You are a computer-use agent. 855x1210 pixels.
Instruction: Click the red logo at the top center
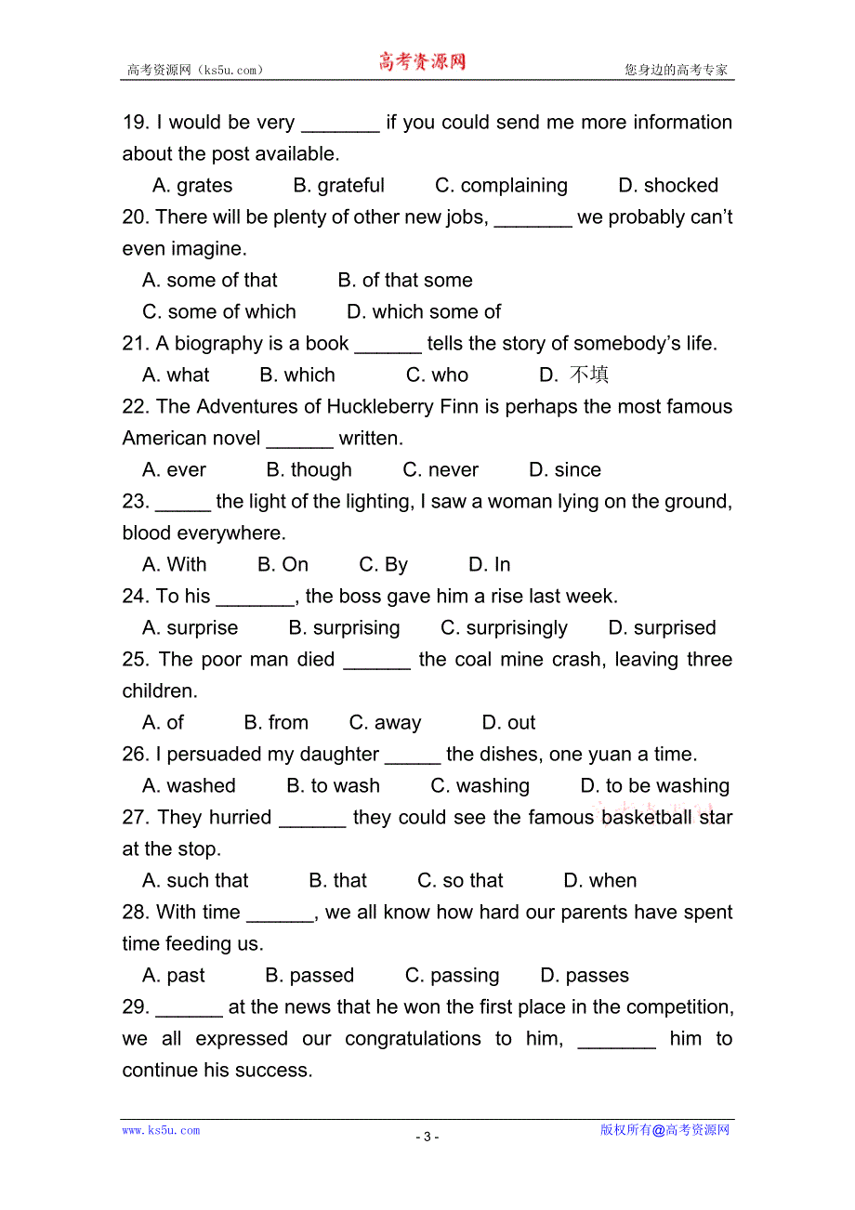(422, 62)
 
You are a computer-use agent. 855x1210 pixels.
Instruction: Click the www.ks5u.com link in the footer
(161, 1130)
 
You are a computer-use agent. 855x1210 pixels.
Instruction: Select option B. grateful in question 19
(338, 186)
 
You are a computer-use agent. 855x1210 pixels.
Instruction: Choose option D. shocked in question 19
(668, 186)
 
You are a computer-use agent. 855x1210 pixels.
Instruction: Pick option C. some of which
(219, 312)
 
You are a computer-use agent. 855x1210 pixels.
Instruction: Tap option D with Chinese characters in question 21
(574, 375)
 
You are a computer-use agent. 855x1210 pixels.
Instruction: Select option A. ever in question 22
(175, 470)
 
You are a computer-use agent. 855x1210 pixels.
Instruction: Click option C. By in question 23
(384, 565)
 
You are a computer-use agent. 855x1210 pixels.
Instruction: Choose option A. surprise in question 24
(191, 628)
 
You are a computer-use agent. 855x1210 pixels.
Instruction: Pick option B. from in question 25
(276, 723)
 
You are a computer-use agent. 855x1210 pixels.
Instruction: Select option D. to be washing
(655, 786)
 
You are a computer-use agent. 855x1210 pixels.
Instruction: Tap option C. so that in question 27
(460, 881)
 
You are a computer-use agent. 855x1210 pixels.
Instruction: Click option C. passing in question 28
(452, 976)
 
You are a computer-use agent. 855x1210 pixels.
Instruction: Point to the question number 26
(136, 755)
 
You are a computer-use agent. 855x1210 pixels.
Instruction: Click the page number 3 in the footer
(427, 1137)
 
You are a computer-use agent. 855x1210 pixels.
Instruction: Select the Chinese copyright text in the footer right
(664, 1130)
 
